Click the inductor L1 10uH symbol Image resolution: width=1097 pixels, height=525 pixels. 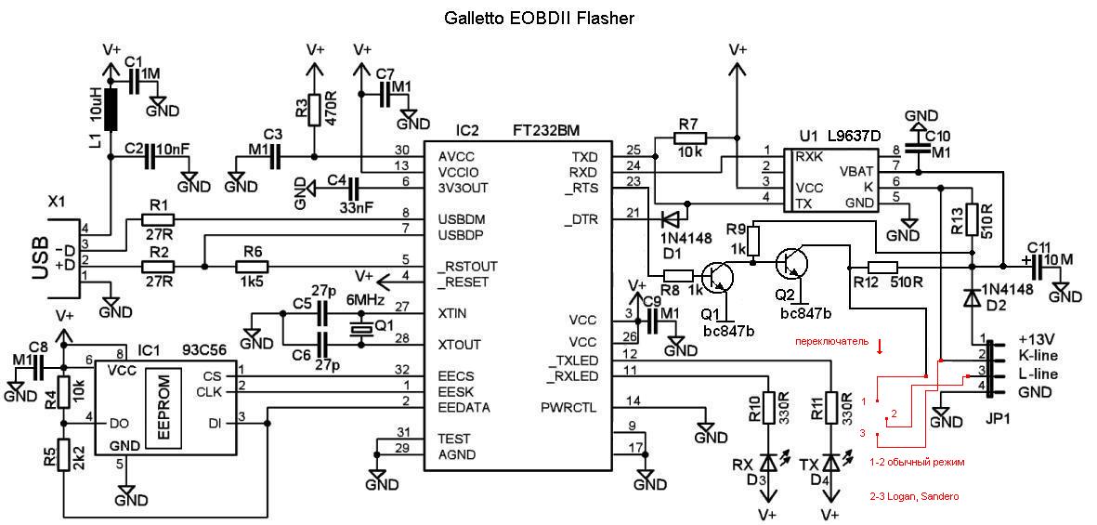point(112,110)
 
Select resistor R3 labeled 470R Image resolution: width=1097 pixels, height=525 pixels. point(316,109)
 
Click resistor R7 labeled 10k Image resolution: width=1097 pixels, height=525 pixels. point(688,139)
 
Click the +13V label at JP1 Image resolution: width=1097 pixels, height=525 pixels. point(1038,337)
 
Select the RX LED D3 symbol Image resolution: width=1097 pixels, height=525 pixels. point(768,461)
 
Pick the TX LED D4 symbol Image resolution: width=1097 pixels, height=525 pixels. point(830,461)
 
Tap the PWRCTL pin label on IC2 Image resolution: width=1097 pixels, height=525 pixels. point(568,407)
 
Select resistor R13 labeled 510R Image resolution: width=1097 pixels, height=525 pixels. point(971,220)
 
